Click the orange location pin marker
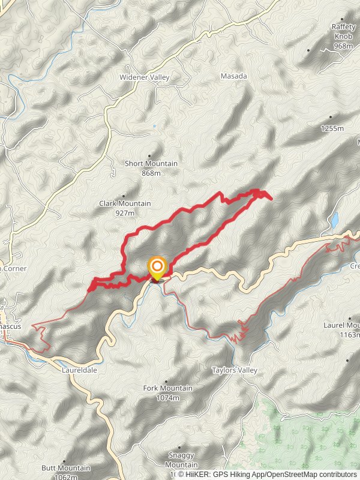point(157,268)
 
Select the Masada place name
point(234,76)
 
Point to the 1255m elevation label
point(332,128)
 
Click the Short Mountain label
point(151,164)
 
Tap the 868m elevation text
point(151,173)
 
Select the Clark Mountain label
point(125,204)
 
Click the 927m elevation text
point(125,213)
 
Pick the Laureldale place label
point(79,370)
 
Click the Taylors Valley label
point(234,370)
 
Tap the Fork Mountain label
point(168,388)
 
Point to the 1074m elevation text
point(168,398)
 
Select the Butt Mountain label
point(66,468)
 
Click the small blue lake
point(334,220)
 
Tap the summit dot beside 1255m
point(331,118)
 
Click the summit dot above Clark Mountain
point(123,196)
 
